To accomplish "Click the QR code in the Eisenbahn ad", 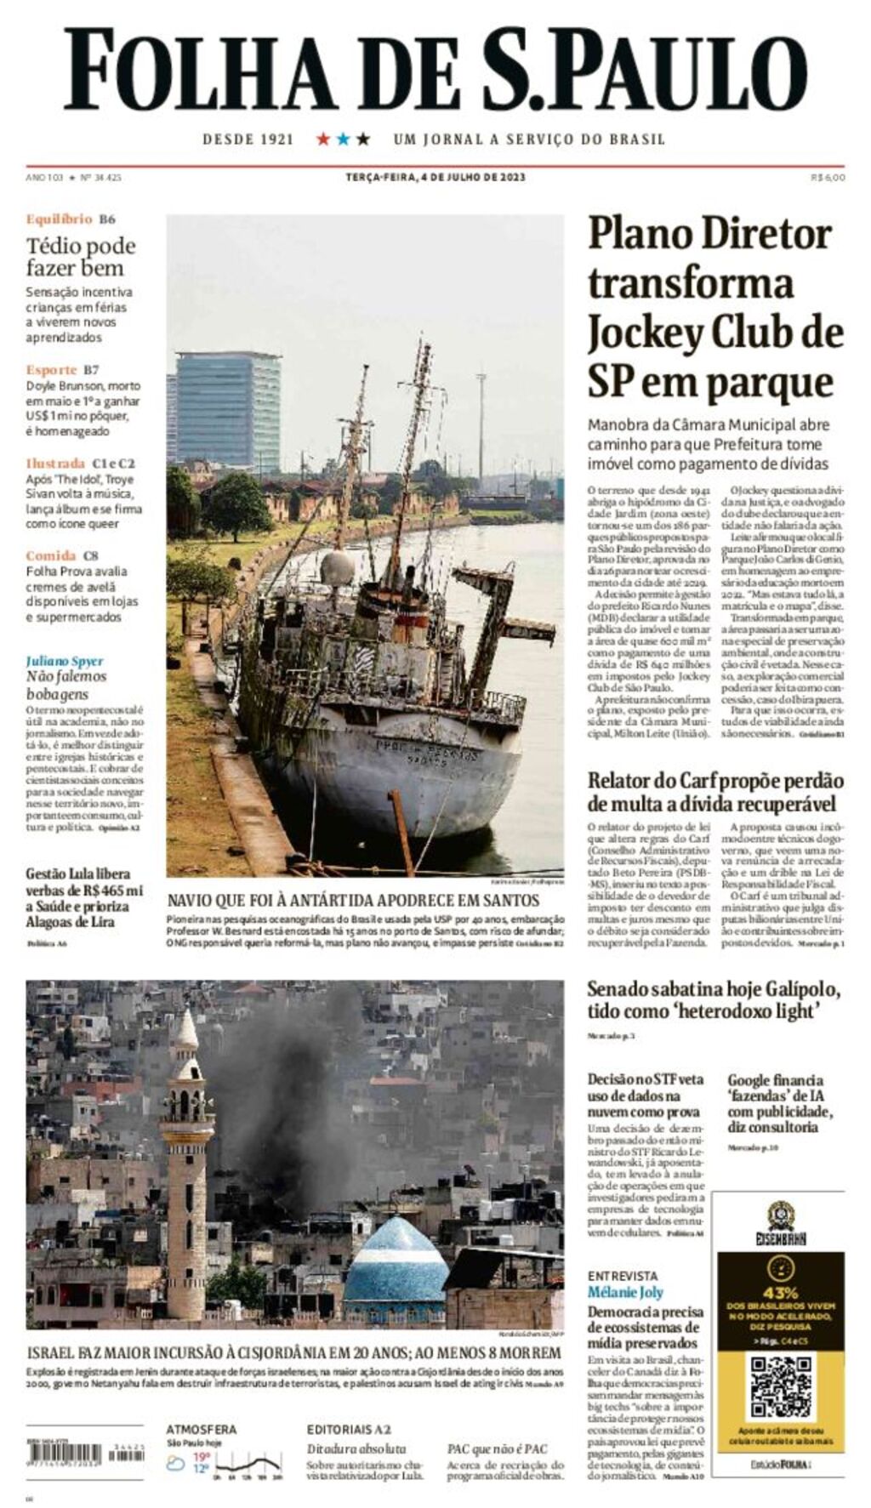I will coord(780,1387).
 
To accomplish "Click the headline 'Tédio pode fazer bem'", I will coord(80,257).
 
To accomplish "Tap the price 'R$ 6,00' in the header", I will coord(828,177).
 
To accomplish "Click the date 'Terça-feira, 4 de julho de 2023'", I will coord(435,177).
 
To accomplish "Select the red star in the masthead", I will coord(323,139).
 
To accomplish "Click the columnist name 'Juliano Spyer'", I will coord(65,661).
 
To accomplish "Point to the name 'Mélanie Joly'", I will coord(625,1292).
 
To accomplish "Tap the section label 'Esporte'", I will coord(52,370).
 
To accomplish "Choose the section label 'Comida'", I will coord(51,556).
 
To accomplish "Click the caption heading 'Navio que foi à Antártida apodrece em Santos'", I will coord(353,901).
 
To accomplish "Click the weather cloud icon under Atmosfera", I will coord(176,1464).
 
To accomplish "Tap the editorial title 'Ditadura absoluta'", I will coord(356,1448).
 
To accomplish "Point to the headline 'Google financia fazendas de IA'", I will coord(779,1102).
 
